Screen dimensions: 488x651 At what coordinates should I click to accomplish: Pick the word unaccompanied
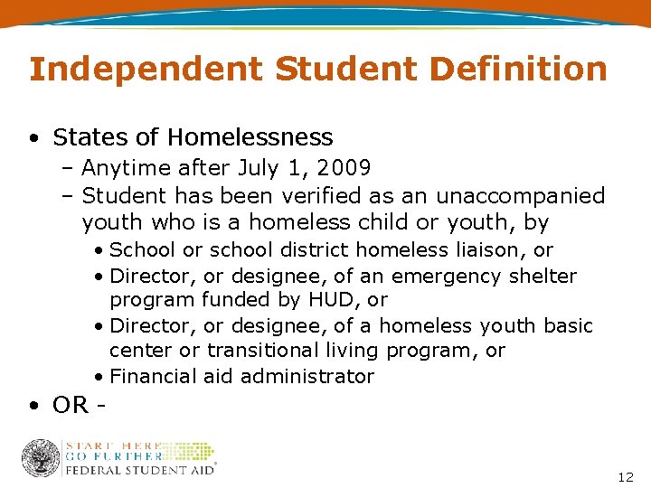click(x=521, y=195)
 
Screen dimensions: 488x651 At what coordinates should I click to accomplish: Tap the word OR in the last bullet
click(x=71, y=405)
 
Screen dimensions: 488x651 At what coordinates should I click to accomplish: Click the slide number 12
click(x=626, y=476)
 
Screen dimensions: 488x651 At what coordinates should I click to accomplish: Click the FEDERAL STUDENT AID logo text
click(x=138, y=469)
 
